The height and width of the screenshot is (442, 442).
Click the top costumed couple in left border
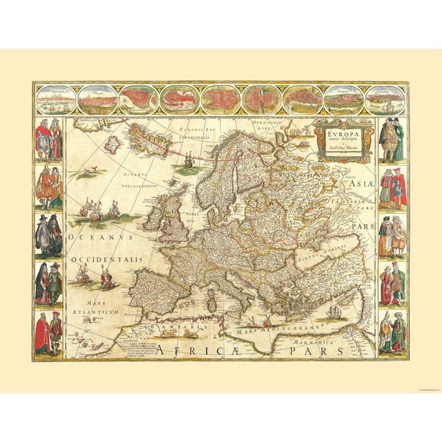(48, 140)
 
